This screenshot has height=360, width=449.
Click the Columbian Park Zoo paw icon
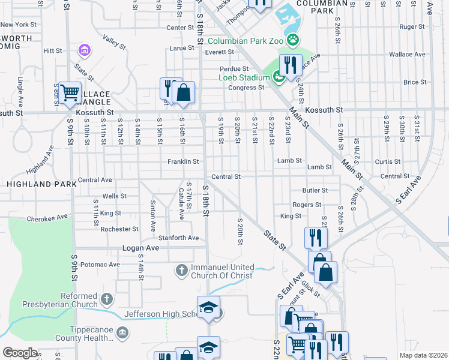point(292,41)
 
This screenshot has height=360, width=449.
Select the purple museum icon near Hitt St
point(85,50)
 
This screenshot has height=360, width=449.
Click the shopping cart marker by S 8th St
point(70,93)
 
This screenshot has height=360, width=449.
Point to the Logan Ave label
point(140,248)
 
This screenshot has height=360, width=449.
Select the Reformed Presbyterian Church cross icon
point(106,299)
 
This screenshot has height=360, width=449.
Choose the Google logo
point(20,353)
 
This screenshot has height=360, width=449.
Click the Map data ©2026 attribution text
point(423,355)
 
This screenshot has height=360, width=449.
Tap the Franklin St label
point(182,161)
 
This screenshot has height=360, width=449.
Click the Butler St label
point(315,190)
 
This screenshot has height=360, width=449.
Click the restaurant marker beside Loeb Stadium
point(291,65)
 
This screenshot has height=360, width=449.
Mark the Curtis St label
point(387,162)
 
